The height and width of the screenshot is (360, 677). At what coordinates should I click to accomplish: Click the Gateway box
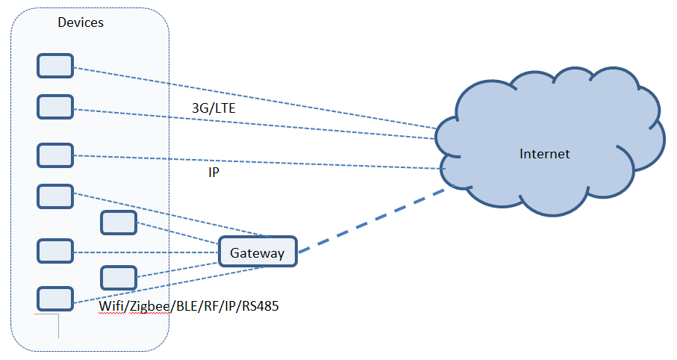click(x=258, y=252)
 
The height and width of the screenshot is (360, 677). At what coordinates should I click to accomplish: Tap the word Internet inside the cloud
click(x=544, y=154)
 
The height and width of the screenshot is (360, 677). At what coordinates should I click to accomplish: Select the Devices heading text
click(x=81, y=22)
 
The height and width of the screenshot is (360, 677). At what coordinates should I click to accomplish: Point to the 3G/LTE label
click(x=213, y=109)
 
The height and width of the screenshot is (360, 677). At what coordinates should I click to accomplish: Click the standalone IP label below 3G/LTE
click(x=213, y=173)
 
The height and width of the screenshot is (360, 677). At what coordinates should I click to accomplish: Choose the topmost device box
click(x=55, y=66)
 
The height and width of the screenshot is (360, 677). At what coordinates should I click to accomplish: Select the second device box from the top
click(x=55, y=106)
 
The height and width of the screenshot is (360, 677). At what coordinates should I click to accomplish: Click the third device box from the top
click(x=55, y=155)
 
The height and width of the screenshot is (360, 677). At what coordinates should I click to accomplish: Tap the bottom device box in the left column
click(x=55, y=298)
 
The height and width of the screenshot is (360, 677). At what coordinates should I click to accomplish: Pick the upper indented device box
click(x=119, y=222)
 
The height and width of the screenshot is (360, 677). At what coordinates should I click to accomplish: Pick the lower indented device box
click(x=119, y=277)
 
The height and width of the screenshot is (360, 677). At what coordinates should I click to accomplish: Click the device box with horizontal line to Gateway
click(x=55, y=251)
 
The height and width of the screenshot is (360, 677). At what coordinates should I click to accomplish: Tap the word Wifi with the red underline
click(x=111, y=305)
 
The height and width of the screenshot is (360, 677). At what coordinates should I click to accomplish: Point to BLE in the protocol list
click(x=184, y=305)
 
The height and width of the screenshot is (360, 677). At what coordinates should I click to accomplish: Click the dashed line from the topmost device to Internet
click(x=254, y=97)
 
